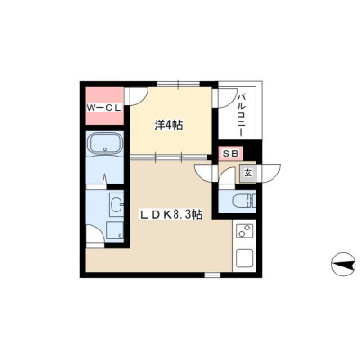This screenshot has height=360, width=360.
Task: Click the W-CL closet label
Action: (x=104, y=108)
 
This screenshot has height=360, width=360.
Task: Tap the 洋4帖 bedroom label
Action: (x=168, y=125)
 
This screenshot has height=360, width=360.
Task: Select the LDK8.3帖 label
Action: (x=172, y=214)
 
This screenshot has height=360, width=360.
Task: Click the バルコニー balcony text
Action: (x=240, y=115)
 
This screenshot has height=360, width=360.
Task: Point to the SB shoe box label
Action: (x=231, y=154)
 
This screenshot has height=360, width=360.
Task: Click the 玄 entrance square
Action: (x=247, y=174)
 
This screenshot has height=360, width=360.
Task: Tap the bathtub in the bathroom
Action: (x=104, y=146)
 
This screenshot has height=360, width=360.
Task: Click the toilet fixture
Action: (x=245, y=201)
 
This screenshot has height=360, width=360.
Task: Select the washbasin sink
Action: (x=116, y=205)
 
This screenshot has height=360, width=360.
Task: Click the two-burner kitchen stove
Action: (x=245, y=230)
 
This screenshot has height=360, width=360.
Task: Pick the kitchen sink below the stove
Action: (x=245, y=258)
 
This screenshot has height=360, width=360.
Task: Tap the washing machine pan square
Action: (x=115, y=231)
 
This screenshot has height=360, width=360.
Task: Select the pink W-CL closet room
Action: (x=105, y=106)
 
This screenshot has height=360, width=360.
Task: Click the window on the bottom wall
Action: (x=212, y=274)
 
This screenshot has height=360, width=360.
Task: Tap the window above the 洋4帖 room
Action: (x=179, y=84)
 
